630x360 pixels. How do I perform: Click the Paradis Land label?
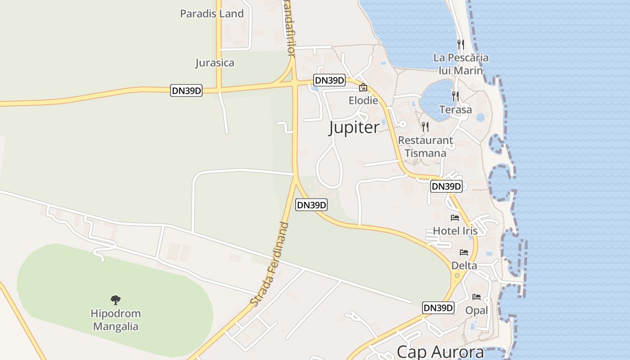pyautogui.click(x=211, y=13)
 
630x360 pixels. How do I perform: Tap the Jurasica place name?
pyautogui.click(x=215, y=63)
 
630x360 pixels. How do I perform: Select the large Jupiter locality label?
pyautogui.click(x=354, y=127)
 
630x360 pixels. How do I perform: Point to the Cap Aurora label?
pyautogui.click(x=440, y=352)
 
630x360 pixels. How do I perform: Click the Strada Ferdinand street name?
pyautogui.click(x=270, y=264)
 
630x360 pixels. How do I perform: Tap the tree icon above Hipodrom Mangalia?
pyautogui.click(x=116, y=300)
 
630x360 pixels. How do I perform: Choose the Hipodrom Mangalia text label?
pyautogui.click(x=116, y=320)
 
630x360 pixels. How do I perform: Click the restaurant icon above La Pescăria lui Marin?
pyautogui.click(x=460, y=44)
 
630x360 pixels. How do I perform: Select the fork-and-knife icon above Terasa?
pyautogui.click(x=455, y=96)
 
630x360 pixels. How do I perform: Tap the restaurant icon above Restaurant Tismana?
pyautogui.click(x=425, y=127)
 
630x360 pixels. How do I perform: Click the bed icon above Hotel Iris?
pyautogui.click(x=455, y=218)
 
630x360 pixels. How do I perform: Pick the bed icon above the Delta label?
pyautogui.click(x=464, y=252)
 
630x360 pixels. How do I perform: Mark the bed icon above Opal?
pyautogui.click(x=477, y=297)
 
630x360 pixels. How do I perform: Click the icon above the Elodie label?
pyautogui.click(x=363, y=87)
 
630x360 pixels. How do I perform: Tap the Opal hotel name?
pyautogui.click(x=477, y=310)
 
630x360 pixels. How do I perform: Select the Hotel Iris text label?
pyautogui.click(x=455, y=231)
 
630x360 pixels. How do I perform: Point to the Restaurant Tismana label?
pyautogui.click(x=425, y=147)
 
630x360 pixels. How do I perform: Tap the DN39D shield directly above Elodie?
pyautogui.click(x=329, y=81)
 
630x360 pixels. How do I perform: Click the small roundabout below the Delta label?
pyautogui.click(x=457, y=275)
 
